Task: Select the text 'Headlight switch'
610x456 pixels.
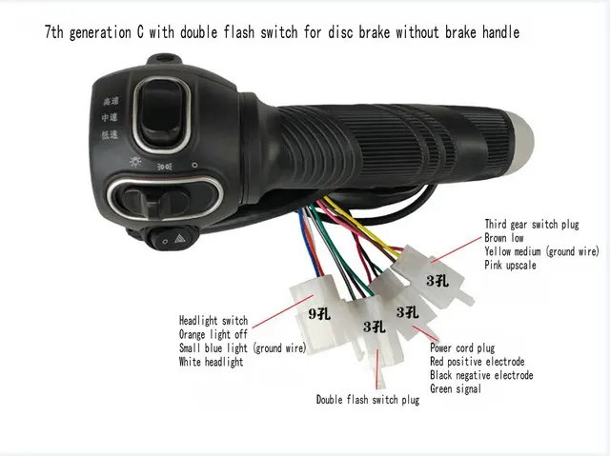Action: pos(213,320)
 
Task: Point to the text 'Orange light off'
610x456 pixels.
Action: pos(213,334)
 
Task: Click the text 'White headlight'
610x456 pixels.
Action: pos(211,363)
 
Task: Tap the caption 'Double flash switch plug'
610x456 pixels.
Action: pos(368,400)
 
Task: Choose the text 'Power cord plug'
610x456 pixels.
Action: pos(462,348)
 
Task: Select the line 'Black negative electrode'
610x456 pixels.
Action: pos(480,375)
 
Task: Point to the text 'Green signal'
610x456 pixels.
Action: pos(456,388)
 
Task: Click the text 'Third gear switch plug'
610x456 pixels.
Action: pos(530,224)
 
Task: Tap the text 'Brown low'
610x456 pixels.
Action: pos(505,237)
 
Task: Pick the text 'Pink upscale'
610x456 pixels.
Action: pos(511,265)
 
